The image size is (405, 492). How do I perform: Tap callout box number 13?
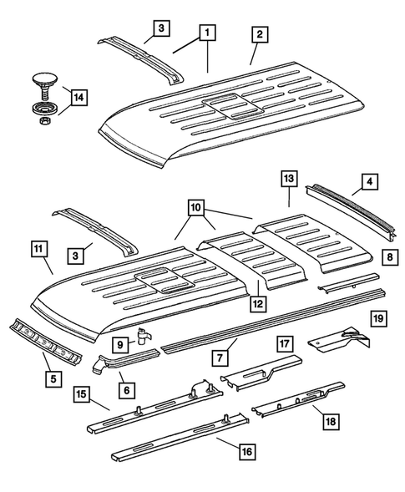[x=288, y=179]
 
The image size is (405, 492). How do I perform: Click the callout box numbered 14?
[x=78, y=99]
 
